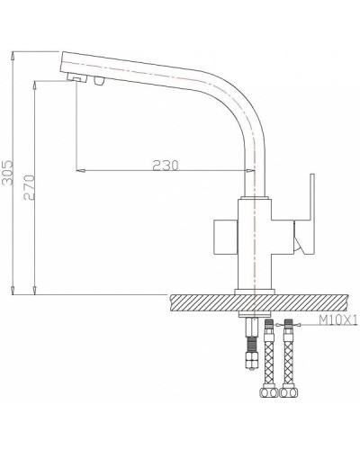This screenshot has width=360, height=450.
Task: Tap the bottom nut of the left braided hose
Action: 267,418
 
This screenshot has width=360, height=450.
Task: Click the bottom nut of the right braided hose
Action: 288,418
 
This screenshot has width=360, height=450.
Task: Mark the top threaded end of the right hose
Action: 288,325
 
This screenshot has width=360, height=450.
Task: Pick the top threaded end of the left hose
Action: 267,325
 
